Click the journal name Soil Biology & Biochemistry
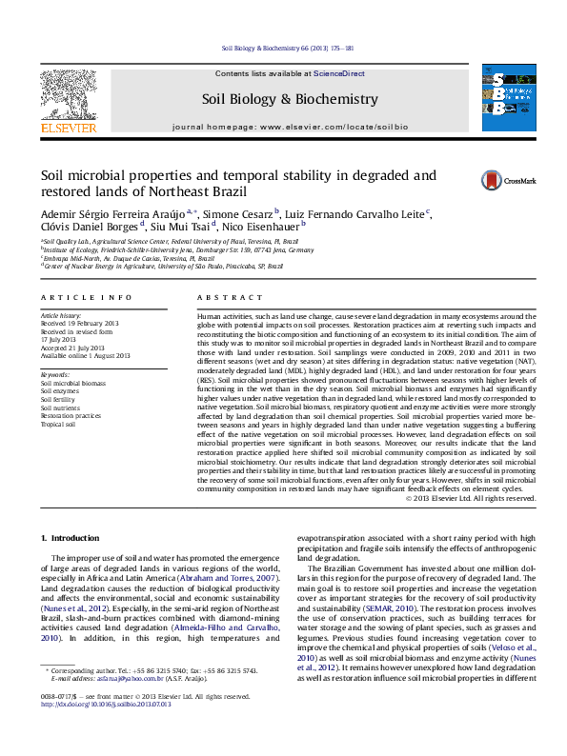pos(283,99)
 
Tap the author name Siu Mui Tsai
pos(183,228)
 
